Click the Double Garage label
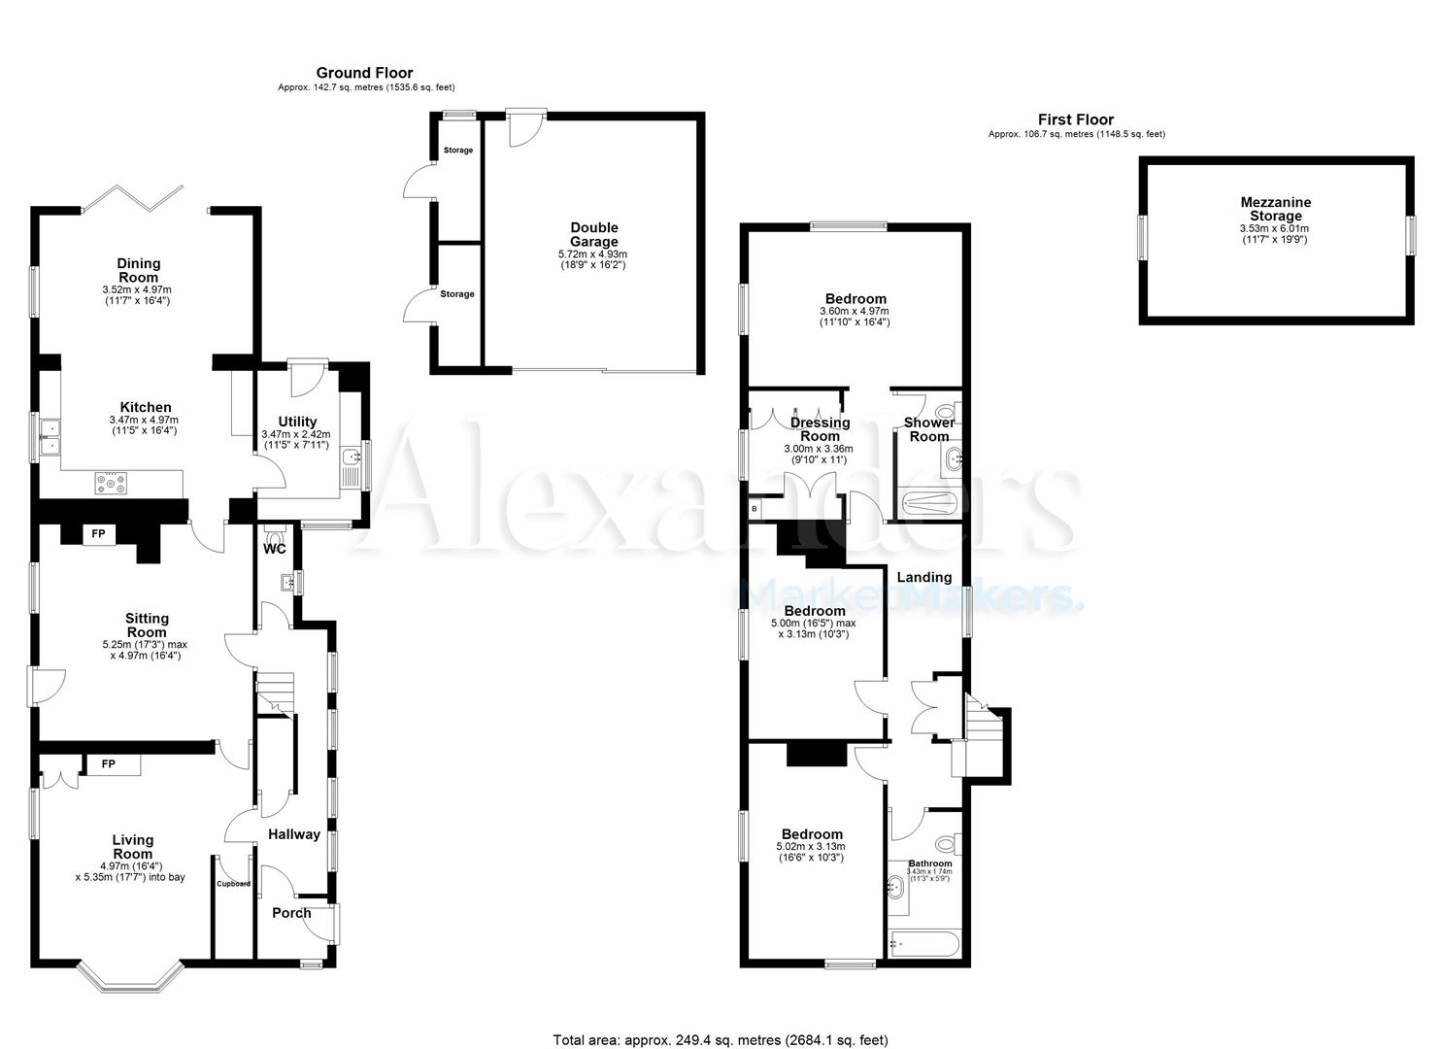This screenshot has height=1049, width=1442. tap(594, 234)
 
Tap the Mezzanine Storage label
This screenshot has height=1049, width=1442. tap(1275, 209)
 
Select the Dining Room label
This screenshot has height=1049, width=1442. tap(139, 270)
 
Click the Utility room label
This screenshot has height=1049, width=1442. tap(296, 422)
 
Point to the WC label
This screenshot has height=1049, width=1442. tap(275, 549)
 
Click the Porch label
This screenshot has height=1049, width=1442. tap(291, 913)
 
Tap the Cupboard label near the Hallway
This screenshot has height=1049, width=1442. tap(233, 884)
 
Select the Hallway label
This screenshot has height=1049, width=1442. tap(293, 833)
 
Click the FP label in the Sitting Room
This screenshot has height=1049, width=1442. tap(98, 533)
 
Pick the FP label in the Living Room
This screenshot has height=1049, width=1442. tap(109, 764)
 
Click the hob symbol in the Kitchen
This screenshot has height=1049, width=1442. tap(112, 482)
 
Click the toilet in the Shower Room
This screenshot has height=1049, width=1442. tap(944, 412)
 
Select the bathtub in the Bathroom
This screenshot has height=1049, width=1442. tap(923, 943)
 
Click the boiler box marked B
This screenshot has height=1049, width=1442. tap(755, 508)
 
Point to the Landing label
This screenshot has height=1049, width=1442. tap(923, 577)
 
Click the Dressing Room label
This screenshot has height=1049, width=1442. tap(820, 429)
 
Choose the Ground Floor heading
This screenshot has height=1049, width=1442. tap(364, 73)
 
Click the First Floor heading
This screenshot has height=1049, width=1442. tap(1075, 119)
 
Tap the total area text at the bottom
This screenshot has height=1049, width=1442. tap(720, 1040)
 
